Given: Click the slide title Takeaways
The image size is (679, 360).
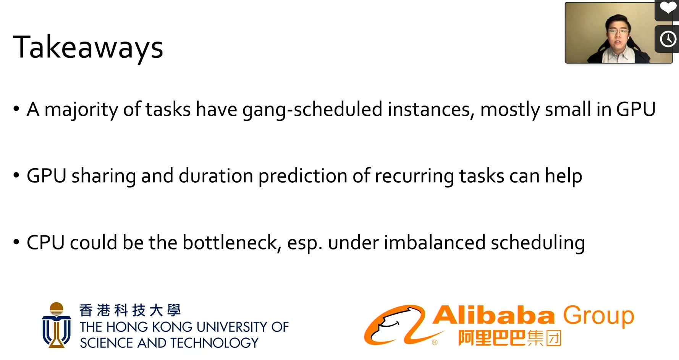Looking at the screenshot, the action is pos(88,47).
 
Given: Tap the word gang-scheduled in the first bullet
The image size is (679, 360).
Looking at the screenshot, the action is pos(312,110).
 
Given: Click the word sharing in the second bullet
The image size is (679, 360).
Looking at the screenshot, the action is pos(104,176).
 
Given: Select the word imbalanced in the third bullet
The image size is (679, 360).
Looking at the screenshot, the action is pos(435,243).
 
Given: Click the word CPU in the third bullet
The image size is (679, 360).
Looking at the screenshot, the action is pos(45,243).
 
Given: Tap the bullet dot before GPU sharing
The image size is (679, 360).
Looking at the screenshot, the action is pos(16,175).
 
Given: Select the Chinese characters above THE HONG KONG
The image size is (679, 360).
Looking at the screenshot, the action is pos(130,310).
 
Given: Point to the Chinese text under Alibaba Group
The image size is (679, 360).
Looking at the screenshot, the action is pos(510,338).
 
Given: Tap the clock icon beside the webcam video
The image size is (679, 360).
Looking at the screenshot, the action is pos(668,39).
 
